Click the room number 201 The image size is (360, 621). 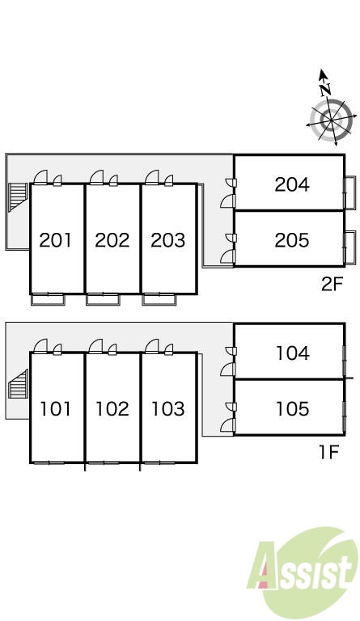point(56,240)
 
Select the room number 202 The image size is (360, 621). point(112,240)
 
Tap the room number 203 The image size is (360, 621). point(168,240)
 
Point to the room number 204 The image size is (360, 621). point(292,184)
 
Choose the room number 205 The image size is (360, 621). point(292,240)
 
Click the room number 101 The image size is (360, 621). point(56,408)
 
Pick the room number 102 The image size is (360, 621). point(112,408)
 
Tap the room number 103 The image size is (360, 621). point(168,408)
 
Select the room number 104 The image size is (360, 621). point(293,353)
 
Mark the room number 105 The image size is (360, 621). point(293,408)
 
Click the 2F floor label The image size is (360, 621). point(332,284)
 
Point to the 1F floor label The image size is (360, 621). point(329,452)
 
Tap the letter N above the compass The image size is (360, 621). point(325,89)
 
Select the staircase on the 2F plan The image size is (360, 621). point(18,196)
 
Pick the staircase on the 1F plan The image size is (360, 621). point(18,384)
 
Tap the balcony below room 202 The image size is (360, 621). point(103,299)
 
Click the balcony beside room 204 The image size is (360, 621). point(349,193)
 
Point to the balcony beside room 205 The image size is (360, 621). point(349,247)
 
